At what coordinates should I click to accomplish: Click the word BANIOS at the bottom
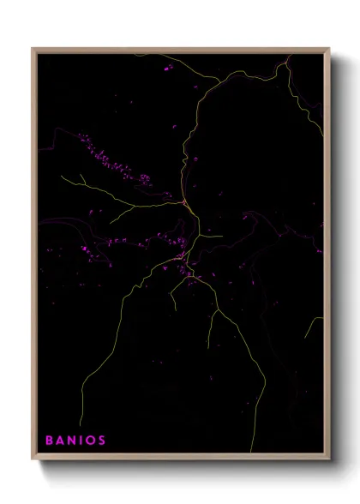coord(76,441)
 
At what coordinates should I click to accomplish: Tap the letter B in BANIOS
coord(49,441)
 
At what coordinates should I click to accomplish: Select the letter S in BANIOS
coord(103,441)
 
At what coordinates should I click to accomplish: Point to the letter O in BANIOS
coord(92,441)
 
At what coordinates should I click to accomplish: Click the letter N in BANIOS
coord(71,441)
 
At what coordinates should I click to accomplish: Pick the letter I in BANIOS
coord(81,441)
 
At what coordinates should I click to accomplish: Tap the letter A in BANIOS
coord(60,441)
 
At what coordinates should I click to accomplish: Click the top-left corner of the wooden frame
coord(33,49)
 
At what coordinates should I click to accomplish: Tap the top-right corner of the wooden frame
coord(330,49)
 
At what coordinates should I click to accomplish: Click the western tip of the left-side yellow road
coord(62,177)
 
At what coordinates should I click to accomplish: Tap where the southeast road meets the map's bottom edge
coord(251,452)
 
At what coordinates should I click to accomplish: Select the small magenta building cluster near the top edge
coord(165,65)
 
